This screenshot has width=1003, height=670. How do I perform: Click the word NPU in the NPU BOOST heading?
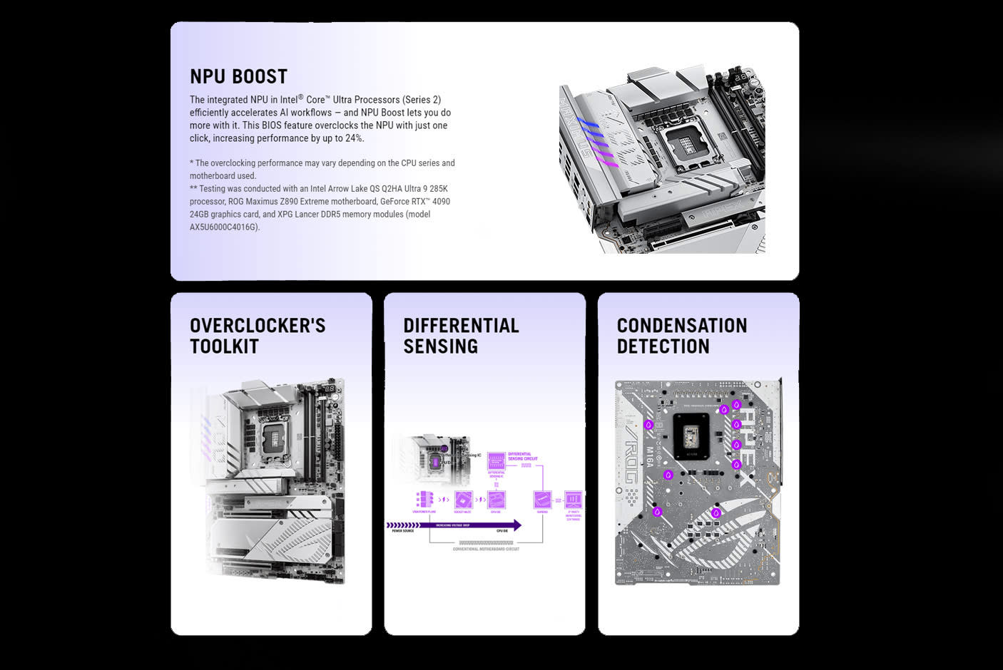coord(208,77)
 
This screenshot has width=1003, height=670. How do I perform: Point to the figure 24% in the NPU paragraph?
coord(354,138)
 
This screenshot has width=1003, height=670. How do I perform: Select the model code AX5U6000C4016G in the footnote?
coord(224,227)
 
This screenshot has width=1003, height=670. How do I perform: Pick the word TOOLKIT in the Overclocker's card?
coord(224,346)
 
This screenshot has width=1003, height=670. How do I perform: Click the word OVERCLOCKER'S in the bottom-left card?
coord(258,326)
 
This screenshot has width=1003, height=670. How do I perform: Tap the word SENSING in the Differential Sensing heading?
coord(440,346)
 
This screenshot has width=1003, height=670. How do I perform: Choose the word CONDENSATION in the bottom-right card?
coord(681,326)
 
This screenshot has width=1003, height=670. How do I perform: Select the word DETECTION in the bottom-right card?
coord(663,346)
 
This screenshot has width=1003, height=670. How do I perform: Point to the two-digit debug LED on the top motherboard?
coord(741,76)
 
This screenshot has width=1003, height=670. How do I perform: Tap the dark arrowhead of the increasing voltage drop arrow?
coord(516,525)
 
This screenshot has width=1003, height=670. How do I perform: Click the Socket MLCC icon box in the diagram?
coord(462,499)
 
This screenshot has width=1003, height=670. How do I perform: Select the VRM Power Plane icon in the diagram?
coord(425,498)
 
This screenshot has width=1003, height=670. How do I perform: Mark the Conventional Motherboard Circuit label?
coord(486,549)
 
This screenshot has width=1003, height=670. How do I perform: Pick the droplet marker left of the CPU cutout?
coord(648,425)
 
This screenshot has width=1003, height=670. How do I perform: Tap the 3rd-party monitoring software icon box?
coord(574,499)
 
